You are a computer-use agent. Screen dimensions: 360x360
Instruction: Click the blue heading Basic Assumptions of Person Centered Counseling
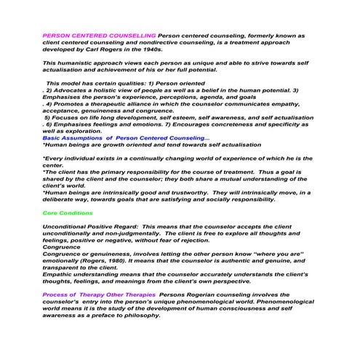[x=127, y=138]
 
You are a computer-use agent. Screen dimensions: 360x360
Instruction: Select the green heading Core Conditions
[x=68, y=212]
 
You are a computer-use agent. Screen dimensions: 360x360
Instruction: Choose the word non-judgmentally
[x=129, y=233]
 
